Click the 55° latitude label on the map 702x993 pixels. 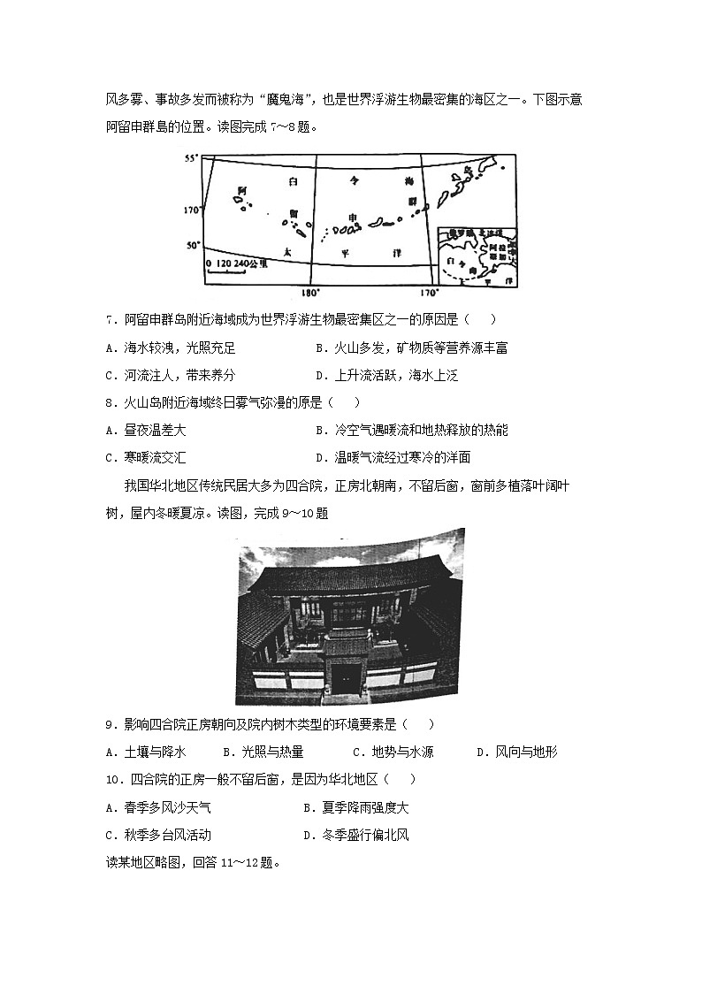coord(188,158)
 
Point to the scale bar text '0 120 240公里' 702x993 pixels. coord(236,264)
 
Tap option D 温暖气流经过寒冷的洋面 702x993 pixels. coord(393,457)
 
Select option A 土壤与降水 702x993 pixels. coord(145,752)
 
